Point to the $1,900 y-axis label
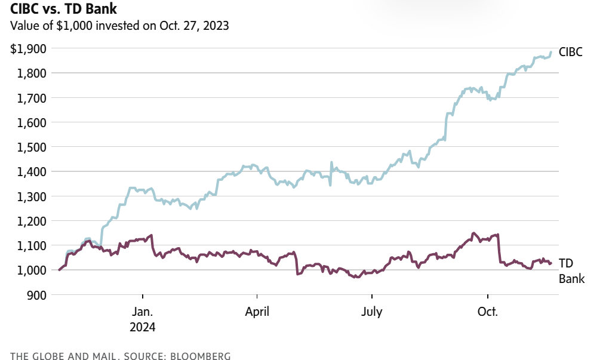tap(28, 48)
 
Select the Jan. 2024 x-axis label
tap(143, 319)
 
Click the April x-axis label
tap(257, 312)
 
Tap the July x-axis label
tap(372, 312)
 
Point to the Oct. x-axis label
tap(488, 312)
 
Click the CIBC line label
tap(570, 52)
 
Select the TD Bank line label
tap(571, 270)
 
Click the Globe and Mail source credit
tap(120, 356)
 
